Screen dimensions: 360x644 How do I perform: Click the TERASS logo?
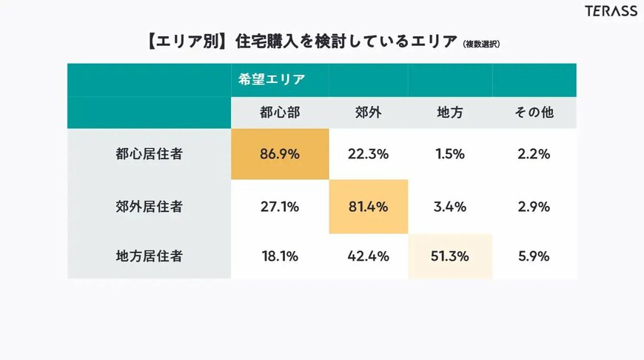[x=611, y=12]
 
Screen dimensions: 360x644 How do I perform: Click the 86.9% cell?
[x=279, y=155]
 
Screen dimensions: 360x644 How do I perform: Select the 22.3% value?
[x=368, y=155]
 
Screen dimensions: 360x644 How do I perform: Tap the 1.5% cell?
[x=450, y=155]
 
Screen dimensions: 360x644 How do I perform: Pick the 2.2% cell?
[x=534, y=155]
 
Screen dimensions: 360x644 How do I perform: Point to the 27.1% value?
[x=279, y=207]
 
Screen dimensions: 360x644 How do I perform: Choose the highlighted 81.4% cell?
[x=368, y=207]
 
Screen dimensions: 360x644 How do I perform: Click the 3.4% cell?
[x=450, y=207]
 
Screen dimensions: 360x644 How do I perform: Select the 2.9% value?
[x=534, y=207]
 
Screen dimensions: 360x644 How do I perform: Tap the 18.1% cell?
[x=279, y=256]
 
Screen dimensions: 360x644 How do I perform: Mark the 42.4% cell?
[x=368, y=256]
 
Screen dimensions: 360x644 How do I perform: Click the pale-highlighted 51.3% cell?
[x=450, y=256]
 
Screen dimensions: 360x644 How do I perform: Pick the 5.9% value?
[x=534, y=256]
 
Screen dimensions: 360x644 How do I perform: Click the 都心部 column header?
[x=279, y=113]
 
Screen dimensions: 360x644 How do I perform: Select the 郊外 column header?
[x=368, y=113]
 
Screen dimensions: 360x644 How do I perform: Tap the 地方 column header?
[x=450, y=113]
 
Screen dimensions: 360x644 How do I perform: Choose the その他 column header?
[x=534, y=113]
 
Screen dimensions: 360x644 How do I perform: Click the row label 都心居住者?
[x=149, y=155]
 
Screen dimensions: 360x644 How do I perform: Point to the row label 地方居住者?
[x=149, y=256]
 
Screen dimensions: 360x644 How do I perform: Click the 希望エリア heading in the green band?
[x=272, y=79]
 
